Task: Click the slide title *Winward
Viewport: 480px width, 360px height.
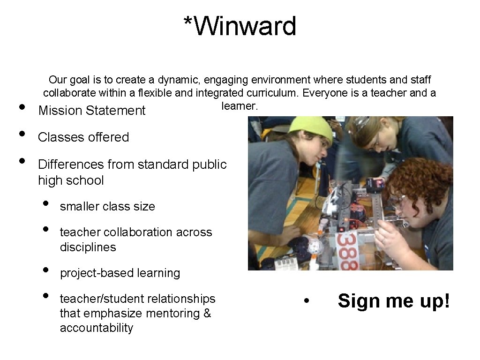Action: [240, 26]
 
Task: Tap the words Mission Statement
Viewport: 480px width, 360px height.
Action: [92, 111]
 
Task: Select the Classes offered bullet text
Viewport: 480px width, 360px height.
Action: [83, 137]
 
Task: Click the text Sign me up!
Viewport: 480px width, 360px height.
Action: [394, 301]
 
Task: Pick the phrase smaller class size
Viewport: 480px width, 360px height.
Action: [107, 206]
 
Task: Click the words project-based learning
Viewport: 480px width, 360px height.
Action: [120, 273]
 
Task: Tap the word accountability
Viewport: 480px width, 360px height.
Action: [96, 328]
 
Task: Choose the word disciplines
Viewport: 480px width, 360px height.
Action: [88, 247]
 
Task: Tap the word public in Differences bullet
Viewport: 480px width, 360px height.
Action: [210, 165]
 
